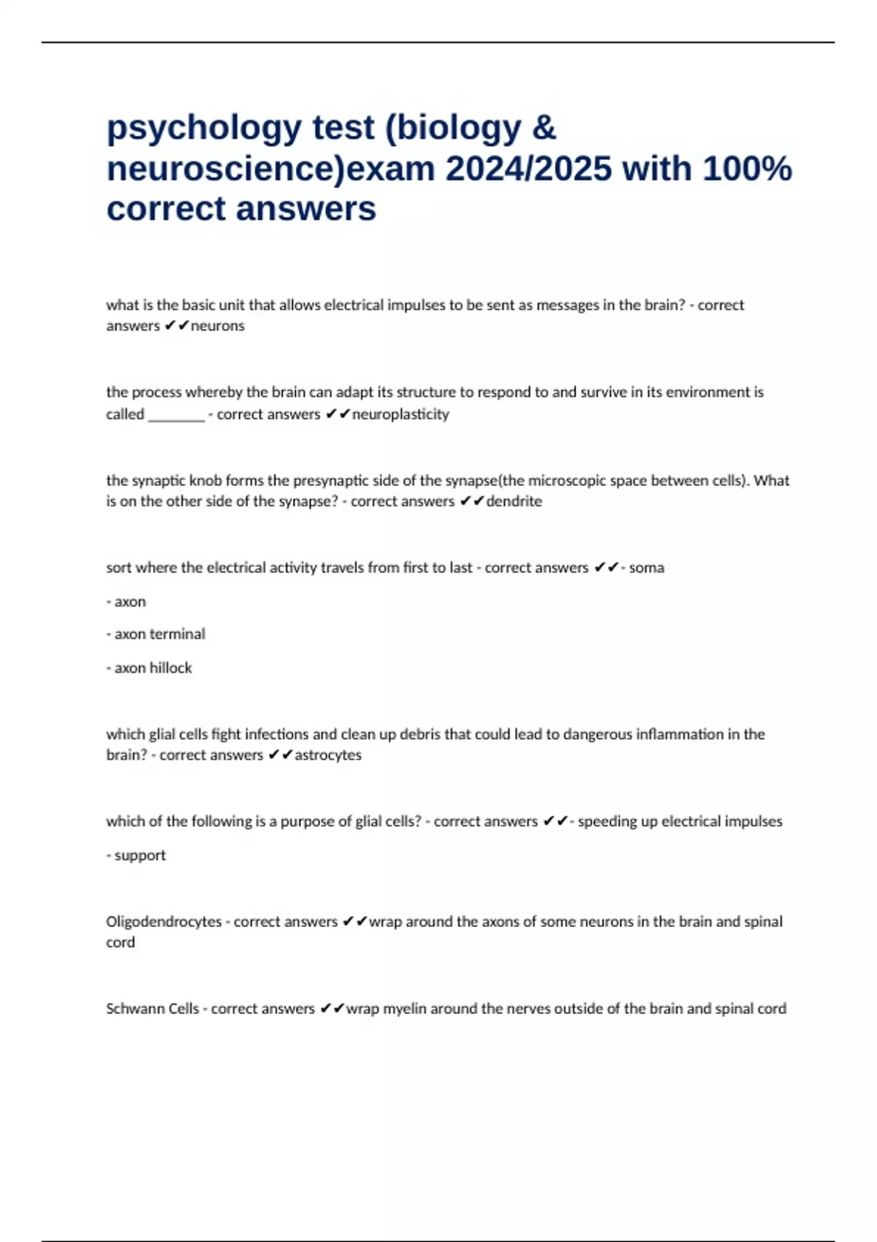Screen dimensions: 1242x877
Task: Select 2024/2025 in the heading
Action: pos(528,169)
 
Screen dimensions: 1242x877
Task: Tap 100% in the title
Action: pos(747,169)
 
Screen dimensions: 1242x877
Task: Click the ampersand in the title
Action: pos(544,129)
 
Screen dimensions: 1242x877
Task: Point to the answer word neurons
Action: pos(217,326)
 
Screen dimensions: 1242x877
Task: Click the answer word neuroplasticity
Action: pos(400,414)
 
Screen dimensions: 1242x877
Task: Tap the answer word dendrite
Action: pos(514,501)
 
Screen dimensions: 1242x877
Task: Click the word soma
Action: pos(646,568)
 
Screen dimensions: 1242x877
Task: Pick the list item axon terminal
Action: pos(159,634)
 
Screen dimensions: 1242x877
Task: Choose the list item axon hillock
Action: pos(153,668)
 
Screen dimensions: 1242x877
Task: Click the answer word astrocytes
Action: pos(327,755)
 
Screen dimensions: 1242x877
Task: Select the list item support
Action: pos(140,855)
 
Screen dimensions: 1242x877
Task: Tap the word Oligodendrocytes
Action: pos(164,921)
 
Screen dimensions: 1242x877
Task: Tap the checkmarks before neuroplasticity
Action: pos(338,414)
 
